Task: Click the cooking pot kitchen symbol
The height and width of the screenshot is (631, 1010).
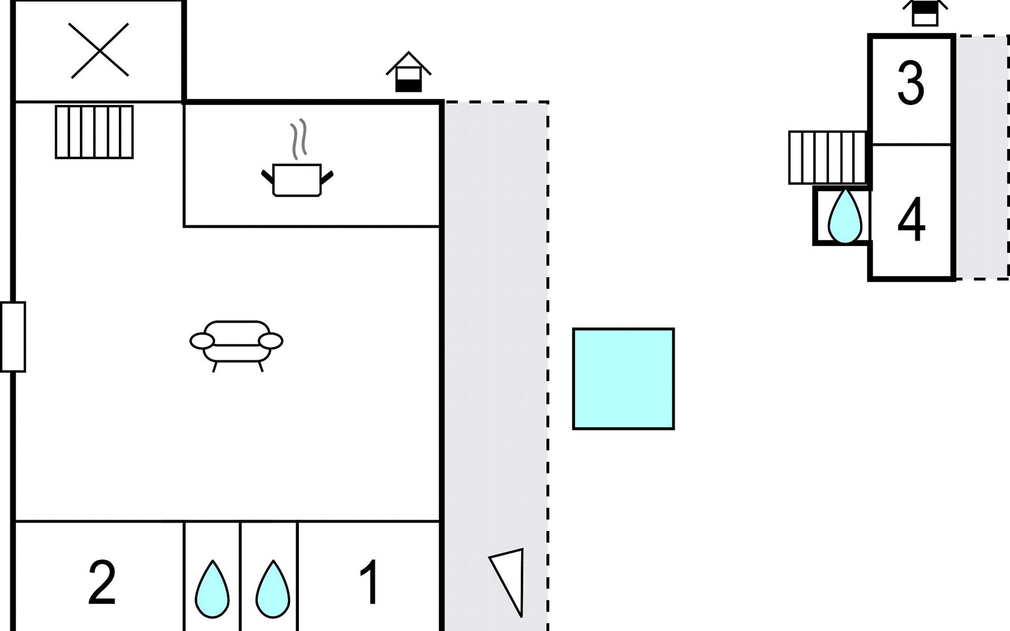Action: pyautogui.click(x=297, y=180)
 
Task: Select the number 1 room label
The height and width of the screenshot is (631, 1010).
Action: pyautogui.click(x=369, y=582)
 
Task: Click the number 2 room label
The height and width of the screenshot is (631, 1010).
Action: pyautogui.click(x=102, y=582)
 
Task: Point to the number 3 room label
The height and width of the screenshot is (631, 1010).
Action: pyautogui.click(x=911, y=83)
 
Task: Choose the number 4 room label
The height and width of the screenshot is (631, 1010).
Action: pyautogui.click(x=911, y=219)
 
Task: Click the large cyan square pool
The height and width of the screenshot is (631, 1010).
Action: pyautogui.click(x=623, y=379)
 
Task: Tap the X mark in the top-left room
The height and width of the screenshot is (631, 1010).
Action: pyautogui.click(x=99, y=50)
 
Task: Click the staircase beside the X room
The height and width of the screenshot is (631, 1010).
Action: pyautogui.click(x=94, y=132)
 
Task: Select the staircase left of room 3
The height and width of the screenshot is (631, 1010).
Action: pyautogui.click(x=827, y=157)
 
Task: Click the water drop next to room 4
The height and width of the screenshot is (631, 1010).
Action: pyautogui.click(x=845, y=216)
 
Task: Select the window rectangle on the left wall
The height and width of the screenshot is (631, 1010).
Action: pyautogui.click(x=13, y=337)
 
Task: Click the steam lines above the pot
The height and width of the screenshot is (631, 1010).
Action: pyautogui.click(x=298, y=139)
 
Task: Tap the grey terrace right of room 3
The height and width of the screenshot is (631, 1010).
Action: pyautogui.click(x=981, y=157)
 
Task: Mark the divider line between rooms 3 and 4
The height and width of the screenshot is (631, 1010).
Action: pyautogui.click(x=911, y=144)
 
